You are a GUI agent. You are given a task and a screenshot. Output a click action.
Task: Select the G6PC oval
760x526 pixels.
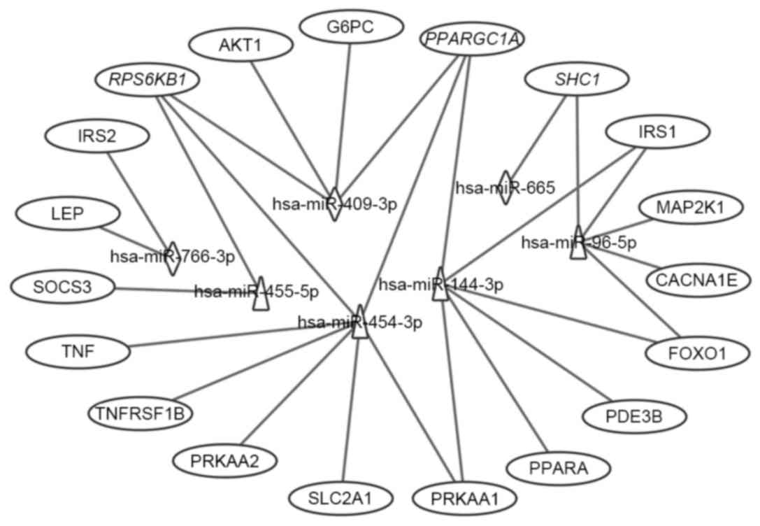pyautogui.click(x=351, y=28)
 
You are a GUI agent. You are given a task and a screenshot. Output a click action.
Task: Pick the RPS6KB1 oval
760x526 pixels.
pyautogui.click(x=148, y=80)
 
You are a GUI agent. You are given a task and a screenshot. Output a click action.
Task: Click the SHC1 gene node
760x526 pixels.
pyautogui.click(x=575, y=81)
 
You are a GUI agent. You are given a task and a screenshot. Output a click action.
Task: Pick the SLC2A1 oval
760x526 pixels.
pyautogui.click(x=340, y=499)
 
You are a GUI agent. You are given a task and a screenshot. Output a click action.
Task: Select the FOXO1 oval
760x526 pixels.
pyautogui.click(x=696, y=353)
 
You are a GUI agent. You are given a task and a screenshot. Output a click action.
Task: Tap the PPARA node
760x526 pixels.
pyautogui.click(x=557, y=467)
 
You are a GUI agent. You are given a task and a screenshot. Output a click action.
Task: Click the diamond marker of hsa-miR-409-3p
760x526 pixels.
pyautogui.click(x=336, y=204)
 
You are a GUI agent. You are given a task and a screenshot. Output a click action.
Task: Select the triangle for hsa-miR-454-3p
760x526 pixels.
pyautogui.click(x=359, y=322)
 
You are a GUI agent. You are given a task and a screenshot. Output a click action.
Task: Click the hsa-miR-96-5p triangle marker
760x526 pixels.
pyautogui.click(x=578, y=243)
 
